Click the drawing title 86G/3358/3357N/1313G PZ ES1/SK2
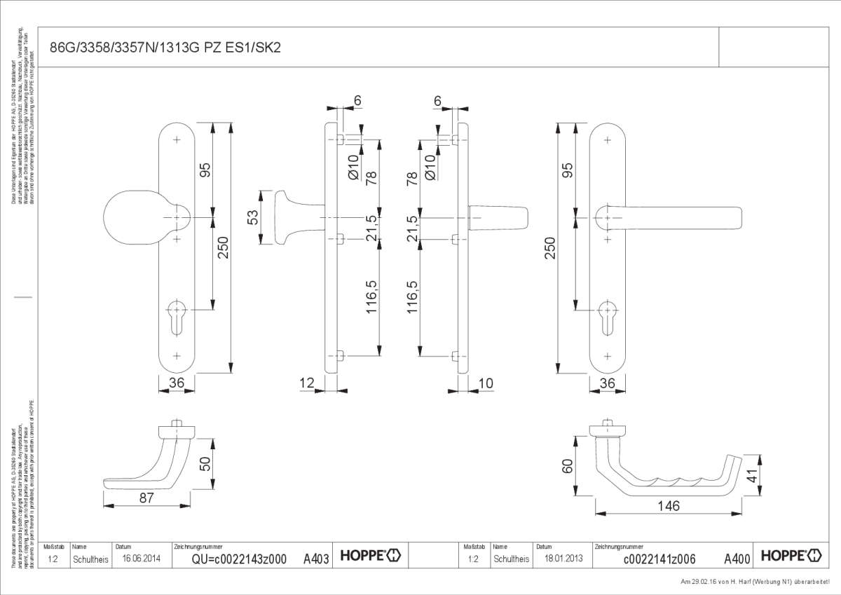click(166, 48)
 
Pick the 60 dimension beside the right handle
click(568, 465)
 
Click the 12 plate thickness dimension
click(307, 383)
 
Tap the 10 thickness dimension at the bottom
click(485, 383)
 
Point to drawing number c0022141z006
click(659, 559)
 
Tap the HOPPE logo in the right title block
click(791, 556)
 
